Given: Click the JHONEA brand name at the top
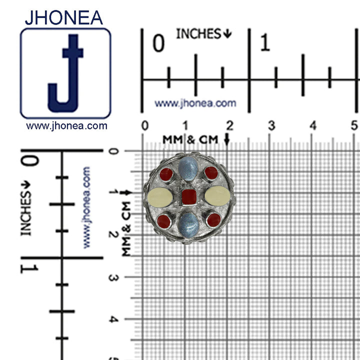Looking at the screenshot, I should (63, 17).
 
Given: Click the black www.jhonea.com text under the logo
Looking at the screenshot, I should (66, 126).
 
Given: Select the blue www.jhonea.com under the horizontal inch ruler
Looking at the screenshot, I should (195, 103).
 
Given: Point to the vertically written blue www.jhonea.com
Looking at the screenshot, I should (86, 207).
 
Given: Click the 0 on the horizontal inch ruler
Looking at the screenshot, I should (158, 44).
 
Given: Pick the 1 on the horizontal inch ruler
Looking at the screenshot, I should (264, 44).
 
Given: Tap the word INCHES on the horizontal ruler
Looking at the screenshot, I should (198, 34).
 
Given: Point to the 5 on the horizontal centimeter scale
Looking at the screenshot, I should (354, 125).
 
